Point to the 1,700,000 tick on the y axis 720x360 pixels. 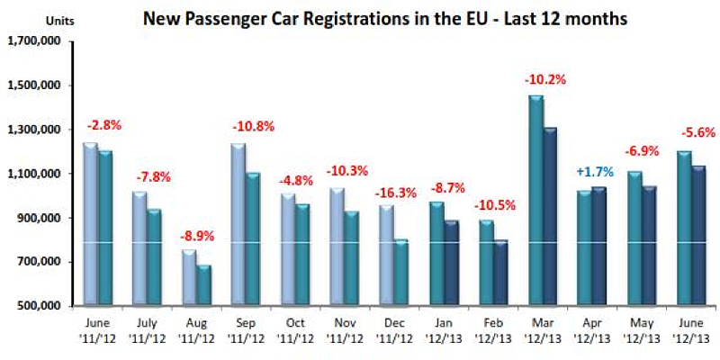(x=33, y=41)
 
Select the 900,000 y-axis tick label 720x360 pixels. (x=37, y=218)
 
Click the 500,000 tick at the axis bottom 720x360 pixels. (x=37, y=306)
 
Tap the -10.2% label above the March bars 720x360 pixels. (x=545, y=79)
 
